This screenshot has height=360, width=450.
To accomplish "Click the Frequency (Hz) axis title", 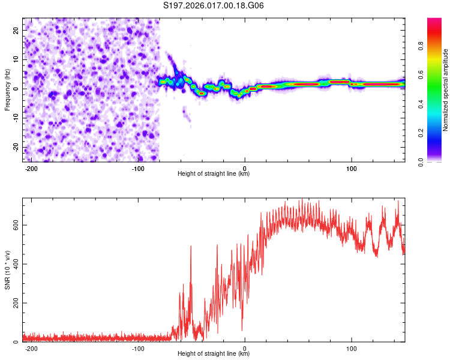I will [7, 90].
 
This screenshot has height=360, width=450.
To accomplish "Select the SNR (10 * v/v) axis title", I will [7, 269].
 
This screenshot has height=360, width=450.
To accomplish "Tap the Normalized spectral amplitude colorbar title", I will [446, 90].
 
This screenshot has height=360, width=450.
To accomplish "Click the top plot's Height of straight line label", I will [214, 174].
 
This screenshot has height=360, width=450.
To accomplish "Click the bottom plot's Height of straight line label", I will [214, 353].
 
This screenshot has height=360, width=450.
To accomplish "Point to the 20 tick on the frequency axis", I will [16, 30].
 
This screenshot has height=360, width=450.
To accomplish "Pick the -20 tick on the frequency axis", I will [14, 148].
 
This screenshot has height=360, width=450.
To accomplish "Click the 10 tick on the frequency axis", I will [16, 59].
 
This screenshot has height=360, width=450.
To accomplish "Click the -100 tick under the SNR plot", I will [138, 348].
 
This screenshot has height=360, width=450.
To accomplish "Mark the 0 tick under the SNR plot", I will [245, 348].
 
